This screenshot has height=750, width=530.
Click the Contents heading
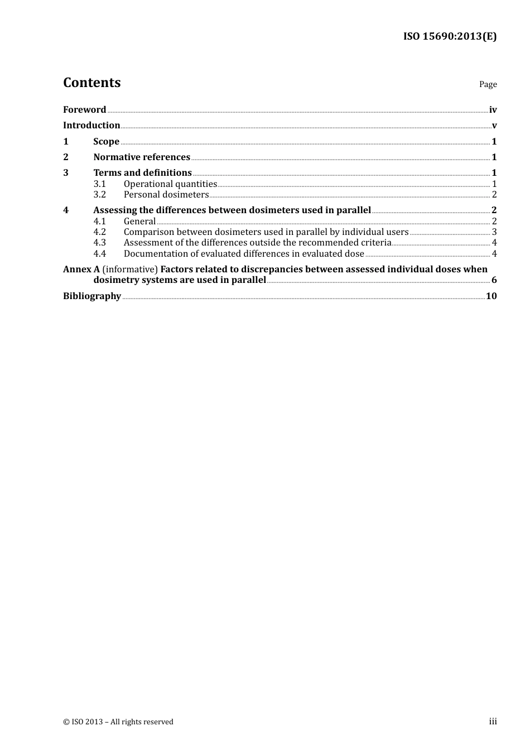[x=91, y=83]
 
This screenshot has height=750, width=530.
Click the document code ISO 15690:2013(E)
[x=450, y=36]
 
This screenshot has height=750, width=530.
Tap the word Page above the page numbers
[x=488, y=84]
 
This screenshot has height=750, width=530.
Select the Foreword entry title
[x=84, y=110]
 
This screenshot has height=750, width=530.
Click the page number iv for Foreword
[x=493, y=110]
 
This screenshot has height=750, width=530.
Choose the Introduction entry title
[x=91, y=126]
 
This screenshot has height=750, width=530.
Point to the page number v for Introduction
[x=494, y=126]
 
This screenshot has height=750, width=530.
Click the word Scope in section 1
[x=106, y=142]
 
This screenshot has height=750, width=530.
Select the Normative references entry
[x=142, y=157]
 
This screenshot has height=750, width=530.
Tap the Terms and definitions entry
[x=142, y=173]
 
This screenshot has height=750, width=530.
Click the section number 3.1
[x=99, y=184]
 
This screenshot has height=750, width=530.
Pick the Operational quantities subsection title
[x=170, y=184]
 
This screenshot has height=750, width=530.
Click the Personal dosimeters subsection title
[x=166, y=195]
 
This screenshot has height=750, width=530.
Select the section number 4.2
[x=99, y=232]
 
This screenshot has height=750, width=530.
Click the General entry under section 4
[x=139, y=222]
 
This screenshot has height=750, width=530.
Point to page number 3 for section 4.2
[x=494, y=232]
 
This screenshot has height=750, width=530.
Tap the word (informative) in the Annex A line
[x=130, y=270]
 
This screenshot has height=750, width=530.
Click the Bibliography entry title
[x=92, y=296]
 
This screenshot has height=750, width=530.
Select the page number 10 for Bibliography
[x=491, y=296]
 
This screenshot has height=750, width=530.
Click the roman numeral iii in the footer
[x=493, y=722]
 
